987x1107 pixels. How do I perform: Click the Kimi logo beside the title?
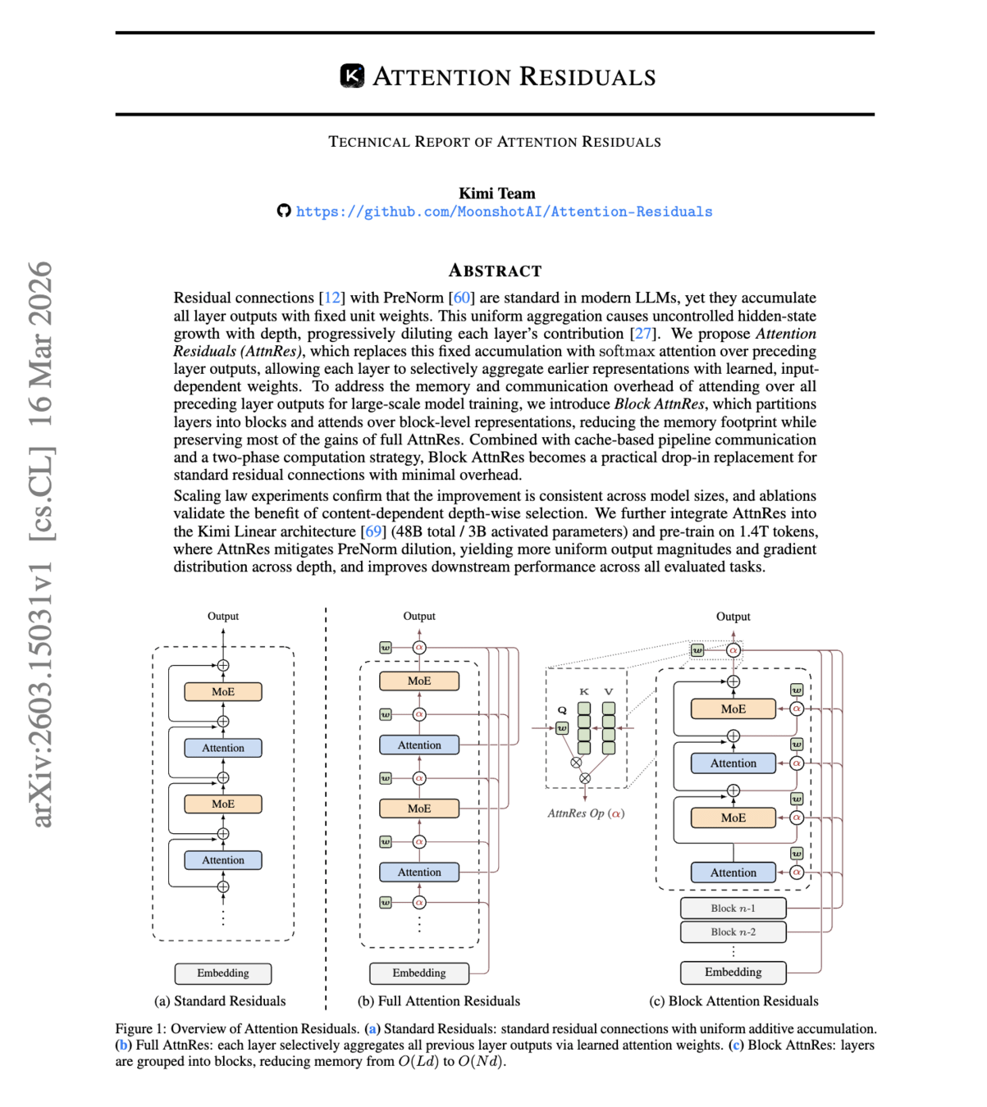pos(352,76)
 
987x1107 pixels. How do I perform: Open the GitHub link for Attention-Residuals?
pos(504,212)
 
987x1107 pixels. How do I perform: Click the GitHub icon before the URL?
pos(284,211)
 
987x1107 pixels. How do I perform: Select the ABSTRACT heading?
pos(495,271)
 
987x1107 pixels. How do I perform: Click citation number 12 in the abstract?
pos(332,298)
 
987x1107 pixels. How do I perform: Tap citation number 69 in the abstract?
pos(373,531)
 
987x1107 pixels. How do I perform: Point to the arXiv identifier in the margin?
pos(41,544)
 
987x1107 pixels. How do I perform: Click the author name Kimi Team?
pos(496,194)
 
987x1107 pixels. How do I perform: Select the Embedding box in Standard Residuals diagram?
pos(223,973)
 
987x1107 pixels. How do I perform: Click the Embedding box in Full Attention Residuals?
pos(419,973)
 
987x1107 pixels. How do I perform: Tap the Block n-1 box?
pos(733,909)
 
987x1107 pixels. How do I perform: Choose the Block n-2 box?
pos(733,932)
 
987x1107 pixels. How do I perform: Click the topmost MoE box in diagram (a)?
pos(223,692)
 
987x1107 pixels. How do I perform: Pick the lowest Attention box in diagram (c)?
pos(733,872)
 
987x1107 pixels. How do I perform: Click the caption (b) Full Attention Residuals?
pos(439,1001)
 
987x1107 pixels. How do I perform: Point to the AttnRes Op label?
pos(586,813)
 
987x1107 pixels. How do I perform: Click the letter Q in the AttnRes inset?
pos(562,710)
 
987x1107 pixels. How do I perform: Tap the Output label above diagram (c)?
pos(733,617)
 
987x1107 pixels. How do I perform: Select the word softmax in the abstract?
pos(626,351)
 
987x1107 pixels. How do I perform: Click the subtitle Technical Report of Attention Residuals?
pos(495,142)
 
